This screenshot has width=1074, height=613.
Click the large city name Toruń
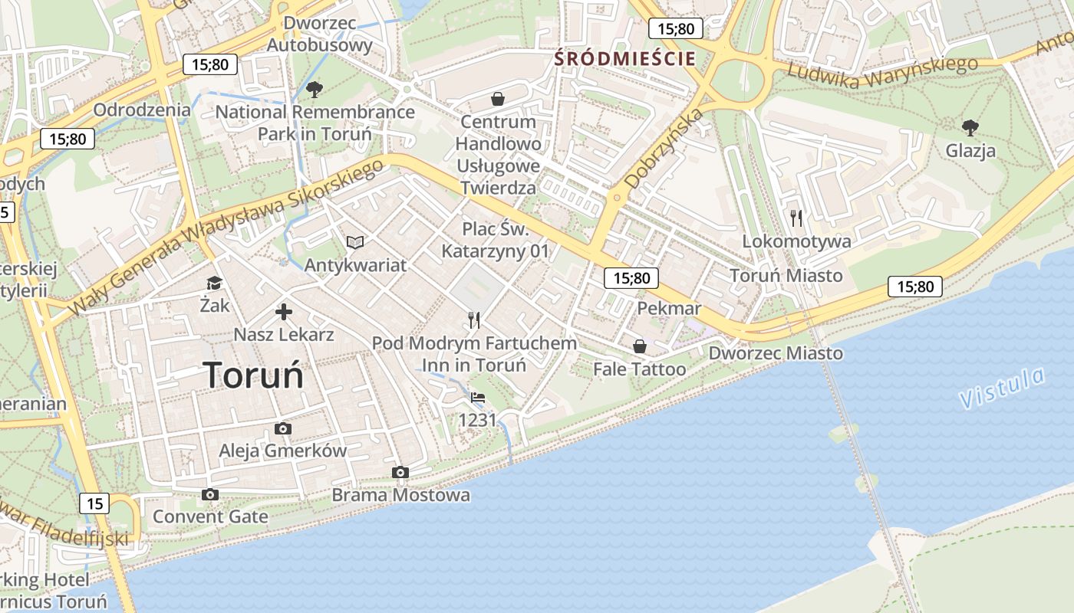(253, 375)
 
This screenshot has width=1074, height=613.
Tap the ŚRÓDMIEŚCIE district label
(625, 58)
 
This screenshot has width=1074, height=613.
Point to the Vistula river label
(1002, 388)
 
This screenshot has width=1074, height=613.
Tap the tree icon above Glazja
(970, 127)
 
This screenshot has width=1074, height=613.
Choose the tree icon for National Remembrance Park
(314, 90)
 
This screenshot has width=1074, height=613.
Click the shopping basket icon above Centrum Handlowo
(498, 99)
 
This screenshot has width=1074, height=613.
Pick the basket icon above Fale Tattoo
(639, 346)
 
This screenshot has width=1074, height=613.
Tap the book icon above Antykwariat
(354, 242)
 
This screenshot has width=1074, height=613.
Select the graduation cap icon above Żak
(214, 284)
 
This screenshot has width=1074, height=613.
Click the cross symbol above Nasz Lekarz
(283, 312)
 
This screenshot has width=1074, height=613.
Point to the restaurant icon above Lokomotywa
(796, 218)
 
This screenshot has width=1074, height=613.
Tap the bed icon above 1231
(477, 398)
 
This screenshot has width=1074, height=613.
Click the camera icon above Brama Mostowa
(400, 472)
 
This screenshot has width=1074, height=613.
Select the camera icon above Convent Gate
(210, 494)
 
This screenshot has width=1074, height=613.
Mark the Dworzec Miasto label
(775, 353)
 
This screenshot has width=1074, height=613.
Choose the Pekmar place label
(669, 308)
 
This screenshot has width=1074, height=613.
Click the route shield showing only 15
(94, 503)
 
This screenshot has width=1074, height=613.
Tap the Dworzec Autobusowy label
(319, 34)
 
